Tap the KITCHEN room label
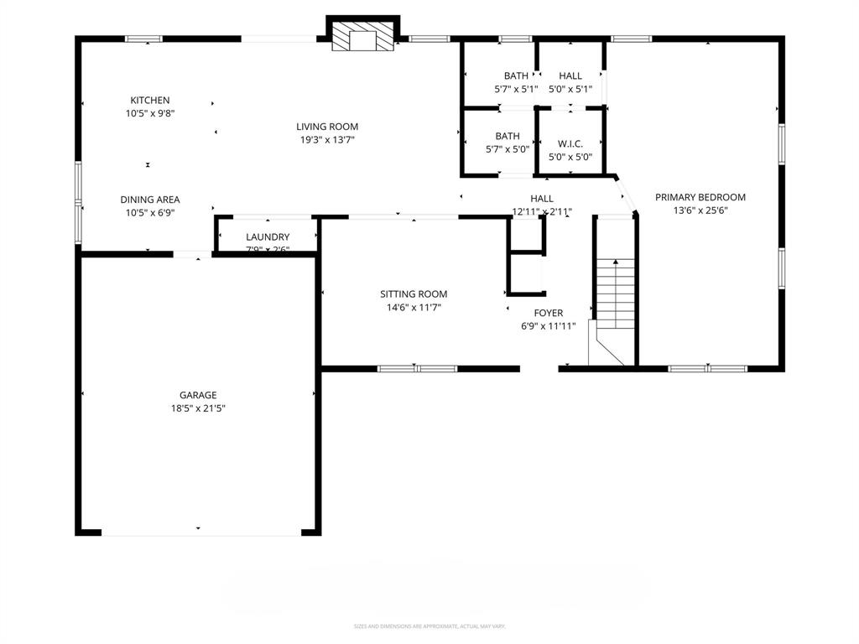pyautogui.click(x=149, y=100)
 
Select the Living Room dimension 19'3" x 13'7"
pyautogui.click(x=327, y=140)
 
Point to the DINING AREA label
pyautogui.click(x=149, y=200)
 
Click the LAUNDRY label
pyautogui.click(x=268, y=237)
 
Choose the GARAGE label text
pyautogui.click(x=198, y=395)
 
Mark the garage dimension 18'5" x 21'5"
pyautogui.click(x=198, y=408)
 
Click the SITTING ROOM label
pyautogui.click(x=414, y=294)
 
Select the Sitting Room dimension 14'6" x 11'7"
pyautogui.click(x=414, y=308)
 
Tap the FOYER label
pyautogui.click(x=549, y=313)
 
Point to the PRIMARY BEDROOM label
pyautogui.click(x=700, y=197)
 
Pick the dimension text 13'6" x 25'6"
pyautogui.click(x=700, y=210)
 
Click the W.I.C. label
pyautogui.click(x=570, y=143)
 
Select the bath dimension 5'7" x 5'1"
pyautogui.click(x=516, y=89)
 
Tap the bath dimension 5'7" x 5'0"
pyautogui.click(x=508, y=149)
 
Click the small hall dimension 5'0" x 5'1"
pyautogui.click(x=570, y=89)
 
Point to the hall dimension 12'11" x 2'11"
pyautogui.click(x=542, y=211)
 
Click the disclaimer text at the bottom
pyautogui.click(x=429, y=626)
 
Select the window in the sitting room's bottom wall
pyautogui.click(x=417, y=368)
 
